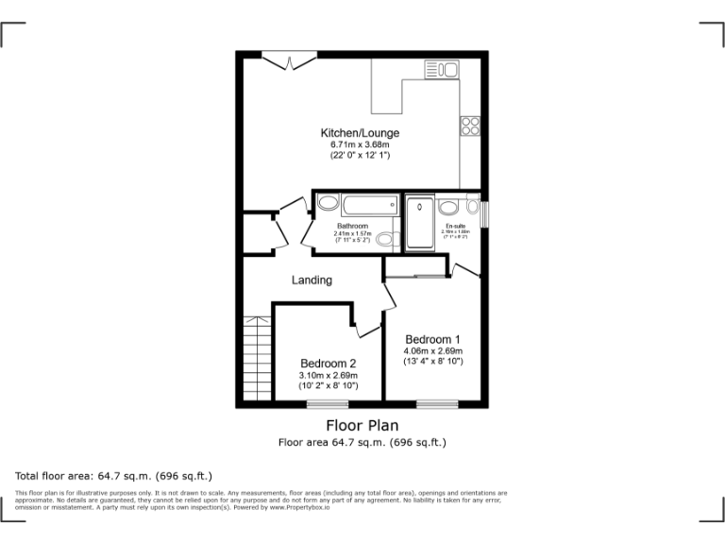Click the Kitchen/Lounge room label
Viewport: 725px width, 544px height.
coord(360,133)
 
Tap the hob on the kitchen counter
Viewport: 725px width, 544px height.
coord(470,127)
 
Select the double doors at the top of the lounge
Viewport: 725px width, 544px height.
coord(289,60)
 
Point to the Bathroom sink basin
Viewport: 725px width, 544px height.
coord(328,203)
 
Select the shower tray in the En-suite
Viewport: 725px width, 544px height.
coord(420,224)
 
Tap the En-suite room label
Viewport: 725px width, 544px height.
coord(456,227)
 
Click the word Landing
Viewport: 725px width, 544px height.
coord(312,280)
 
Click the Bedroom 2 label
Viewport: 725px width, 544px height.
coord(329,364)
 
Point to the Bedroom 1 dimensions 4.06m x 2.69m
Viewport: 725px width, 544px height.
coord(433,351)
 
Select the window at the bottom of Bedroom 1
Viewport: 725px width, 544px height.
coord(437,404)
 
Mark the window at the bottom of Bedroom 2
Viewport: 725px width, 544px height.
coord(327,404)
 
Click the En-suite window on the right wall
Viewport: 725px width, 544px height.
coord(484,212)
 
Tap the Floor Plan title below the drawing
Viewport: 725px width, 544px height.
coord(362,426)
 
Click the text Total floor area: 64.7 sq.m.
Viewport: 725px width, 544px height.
coord(113,476)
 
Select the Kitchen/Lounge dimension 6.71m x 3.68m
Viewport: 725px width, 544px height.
coord(360,144)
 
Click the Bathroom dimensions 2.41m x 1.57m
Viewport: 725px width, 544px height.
coord(355,233)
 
